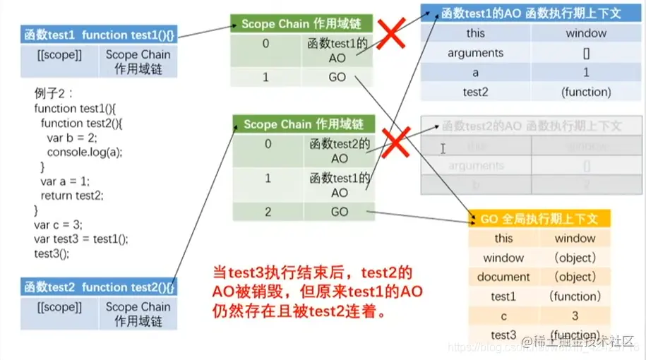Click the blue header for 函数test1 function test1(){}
click(x=98, y=35)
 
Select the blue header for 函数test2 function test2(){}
click(x=98, y=287)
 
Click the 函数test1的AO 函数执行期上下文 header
click(x=531, y=13)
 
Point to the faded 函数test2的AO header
click(x=531, y=126)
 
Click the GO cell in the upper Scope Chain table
click(x=337, y=78)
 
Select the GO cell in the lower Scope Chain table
click(x=339, y=212)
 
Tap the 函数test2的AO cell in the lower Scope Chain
click(x=339, y=151)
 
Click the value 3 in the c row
click(x=575, y=316)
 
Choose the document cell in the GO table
click(x=503, y=277)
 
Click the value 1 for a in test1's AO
click(x=586, y=72)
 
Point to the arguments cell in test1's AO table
click(x=475, y=53)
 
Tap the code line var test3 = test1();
click(x=81, y=239)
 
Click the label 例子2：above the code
click(x=54, y=94)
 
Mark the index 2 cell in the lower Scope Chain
click(x=268, y=212)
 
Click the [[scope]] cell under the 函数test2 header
click(x=59, y=307)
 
